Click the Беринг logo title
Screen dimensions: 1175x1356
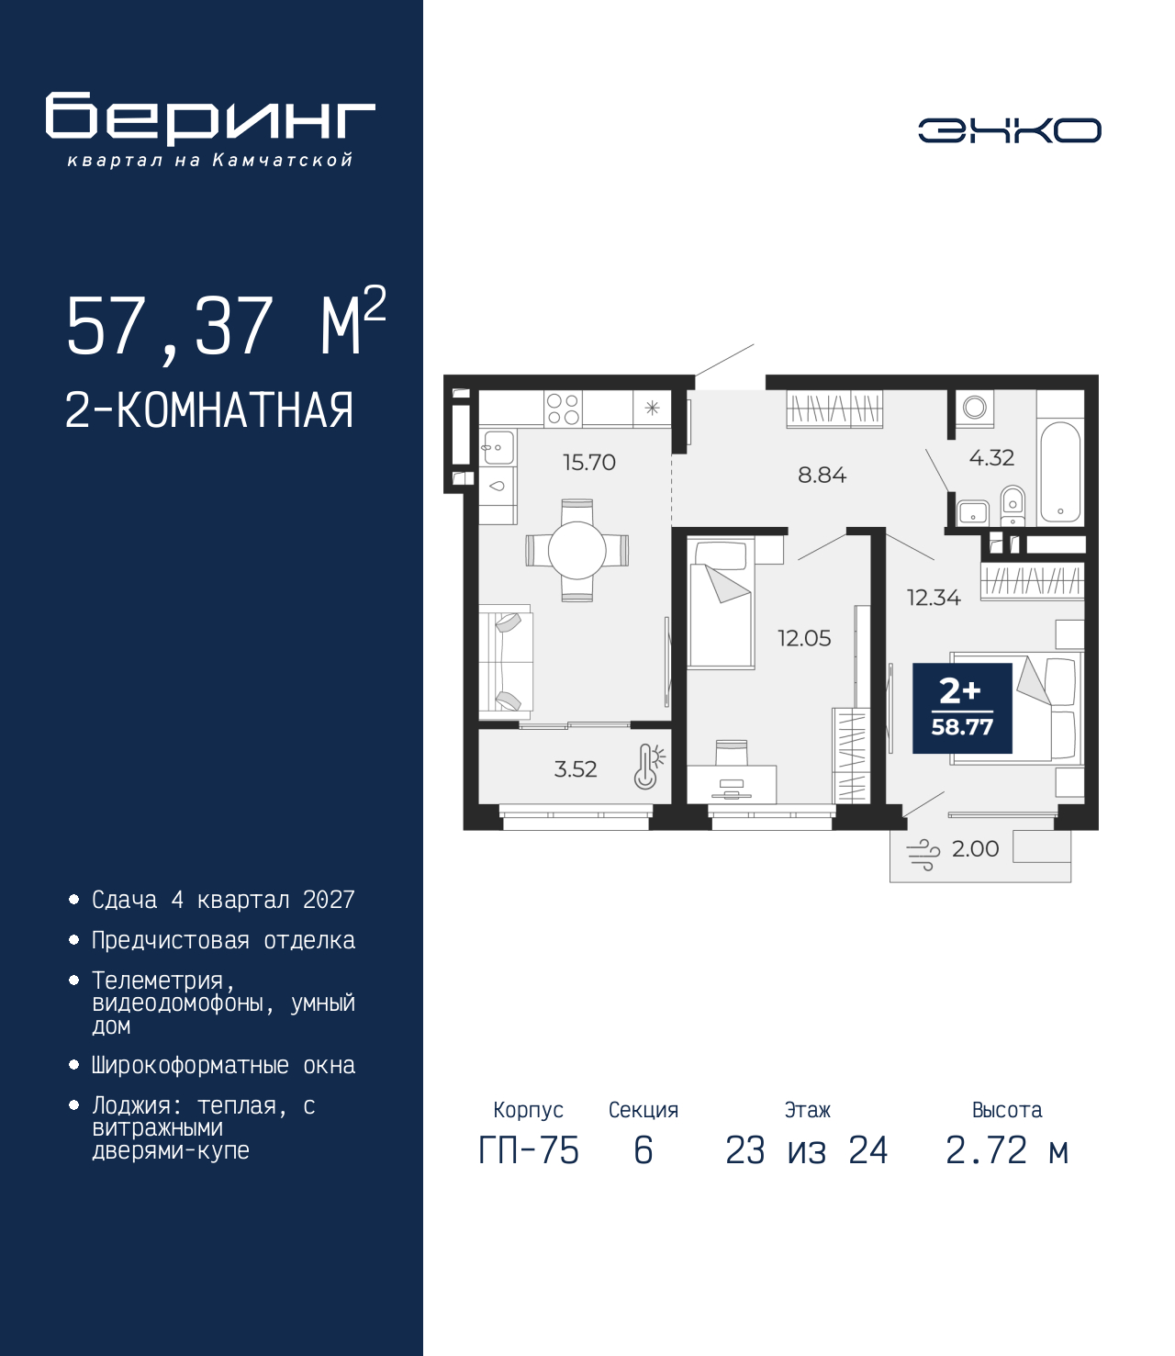210,118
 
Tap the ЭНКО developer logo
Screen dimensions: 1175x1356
1009,129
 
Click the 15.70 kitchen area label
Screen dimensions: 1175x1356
589,463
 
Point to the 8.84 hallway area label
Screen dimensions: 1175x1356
822,475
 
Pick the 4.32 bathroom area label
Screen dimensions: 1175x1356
991,457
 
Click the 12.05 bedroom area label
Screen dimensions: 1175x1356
804,638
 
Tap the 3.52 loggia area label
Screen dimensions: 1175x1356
576,768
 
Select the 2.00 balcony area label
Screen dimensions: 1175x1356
975,849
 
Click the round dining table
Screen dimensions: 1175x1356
576,551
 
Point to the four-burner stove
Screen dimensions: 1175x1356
564,409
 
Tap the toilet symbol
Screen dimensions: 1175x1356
1013,506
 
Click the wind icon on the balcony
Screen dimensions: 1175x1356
923,855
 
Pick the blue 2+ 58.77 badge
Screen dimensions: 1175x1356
962,708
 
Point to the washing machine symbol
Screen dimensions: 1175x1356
975,408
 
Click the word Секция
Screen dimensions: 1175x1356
643,1110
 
